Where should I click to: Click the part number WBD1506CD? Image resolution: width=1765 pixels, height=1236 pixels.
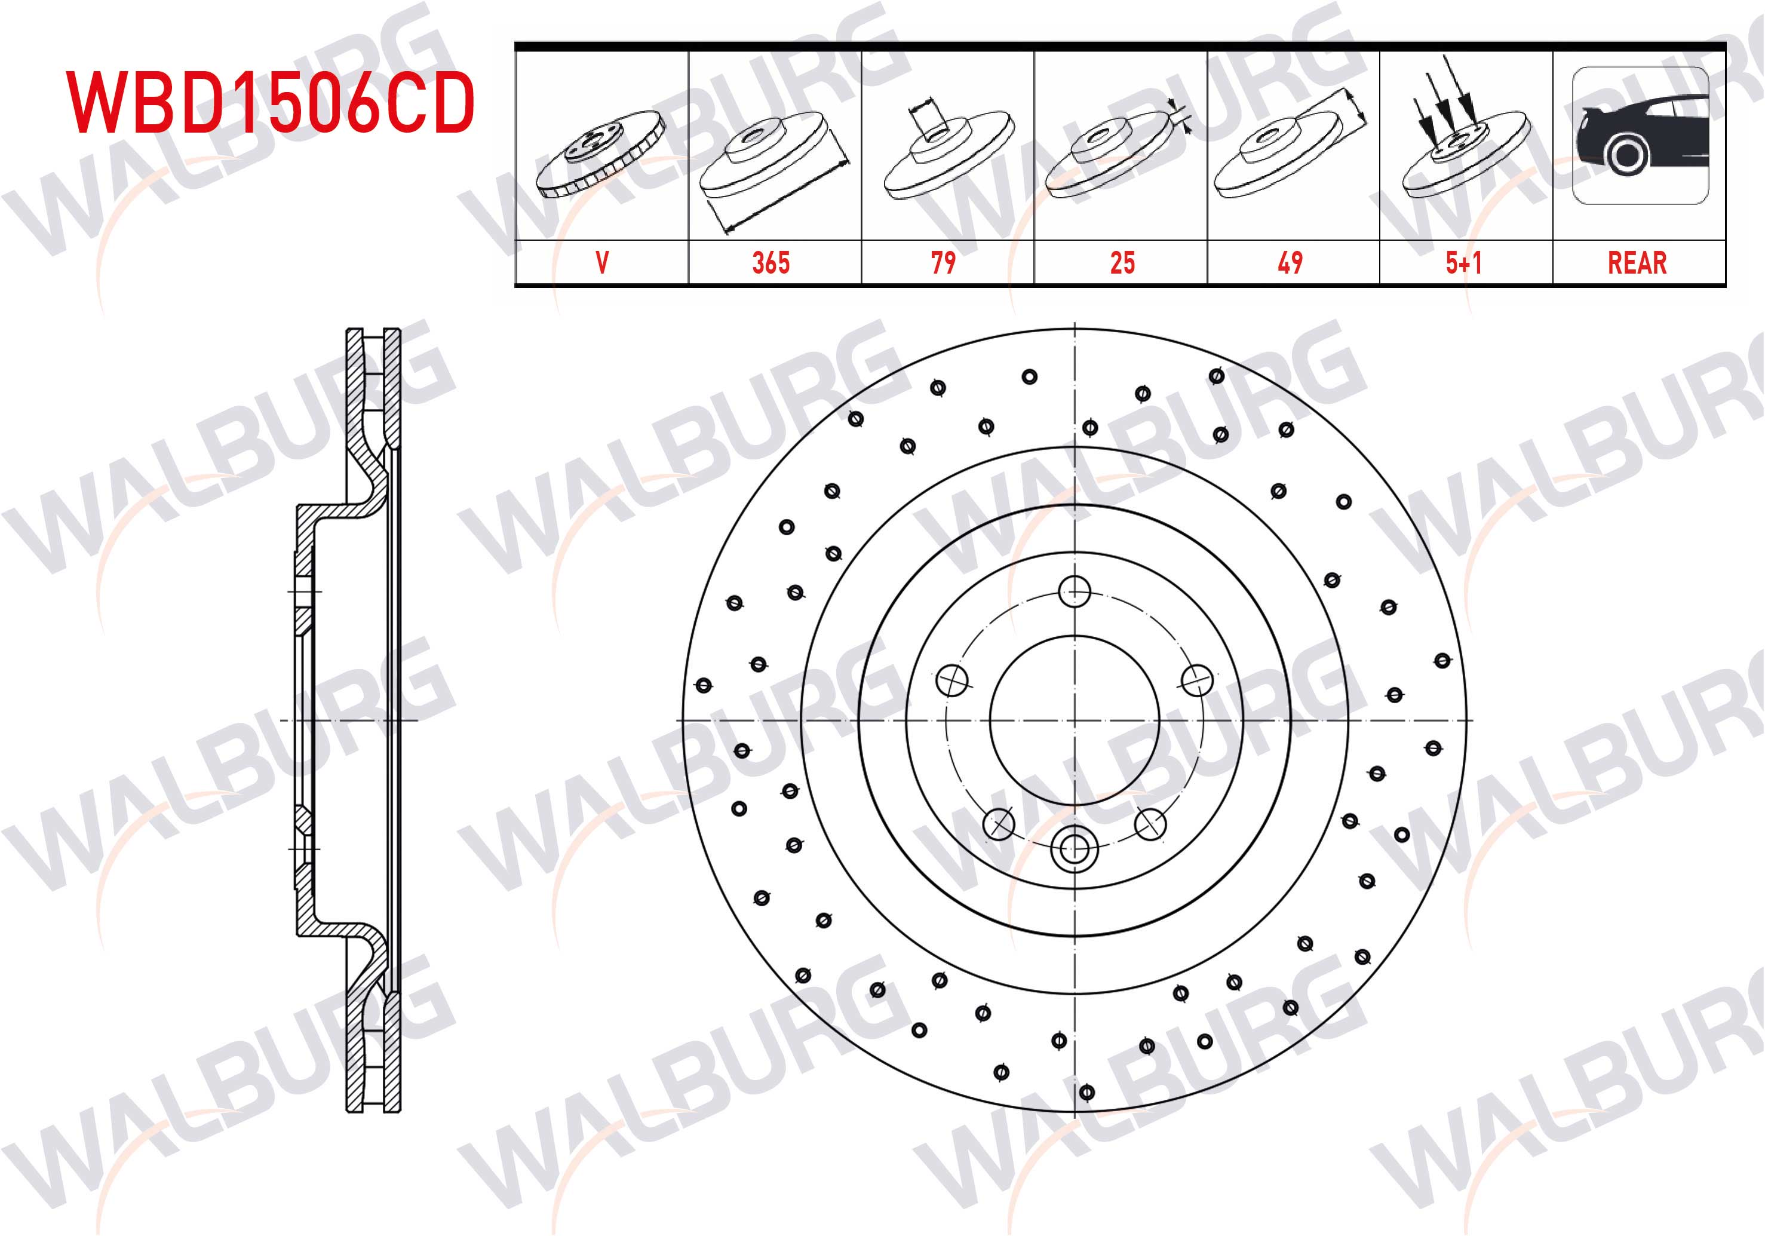point(271,102)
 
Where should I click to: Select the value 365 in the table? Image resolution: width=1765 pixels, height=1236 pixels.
point(771,263)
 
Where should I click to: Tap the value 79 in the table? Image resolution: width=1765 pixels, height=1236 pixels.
point(943,263)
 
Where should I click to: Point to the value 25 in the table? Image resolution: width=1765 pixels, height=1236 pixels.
point(1122,263)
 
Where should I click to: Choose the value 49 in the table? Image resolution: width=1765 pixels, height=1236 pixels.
point(1291,263)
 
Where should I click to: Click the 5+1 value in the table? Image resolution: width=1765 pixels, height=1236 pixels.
point(1463,263)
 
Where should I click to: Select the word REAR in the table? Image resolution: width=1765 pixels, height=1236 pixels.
point(1637,263)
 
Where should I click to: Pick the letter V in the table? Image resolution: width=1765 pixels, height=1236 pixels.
point(602,263)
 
